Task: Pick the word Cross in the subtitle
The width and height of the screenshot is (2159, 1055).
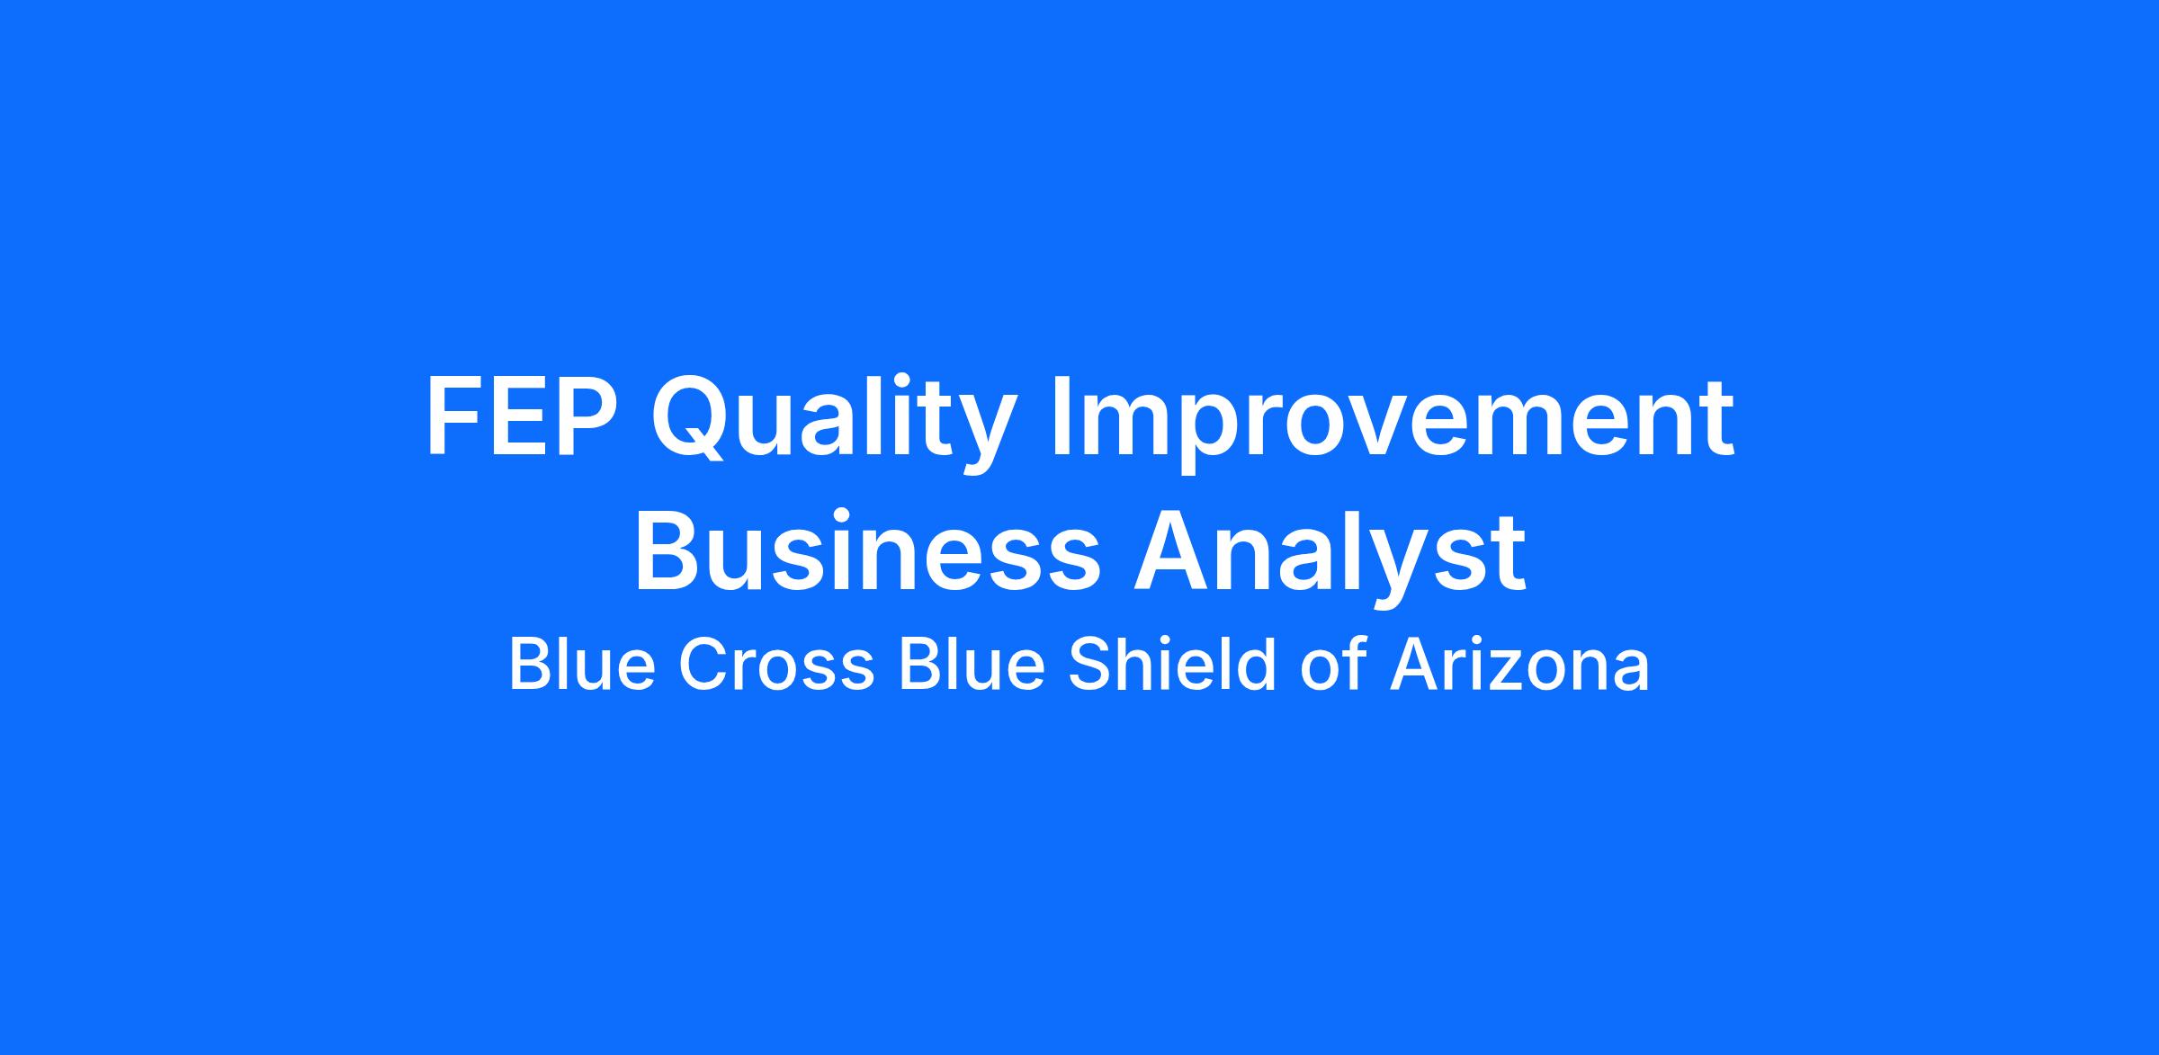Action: click(775, 666)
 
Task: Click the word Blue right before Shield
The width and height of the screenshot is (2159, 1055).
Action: click(972, 666)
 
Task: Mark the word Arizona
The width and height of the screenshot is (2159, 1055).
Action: click(1519, 666)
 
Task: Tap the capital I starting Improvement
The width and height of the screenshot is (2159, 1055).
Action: click(1063, 418)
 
